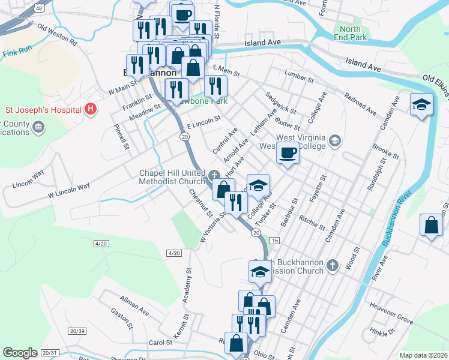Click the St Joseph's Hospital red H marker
pyautogui.click(x=90, y=109)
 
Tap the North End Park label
pyautogui.click(x=350, y=34)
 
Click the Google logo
pyautogui.click(x=20, y=353)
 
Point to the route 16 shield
pyautogui.click(x=275, y=240)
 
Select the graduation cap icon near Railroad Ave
pyautogui.click(x=421, y=104)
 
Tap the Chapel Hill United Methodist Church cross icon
pyautogui.click(x=215, y=176)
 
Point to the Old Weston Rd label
pyautogui.click(x=57, y=35)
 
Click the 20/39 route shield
pyautogui.click(x=77, y=331)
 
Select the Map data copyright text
pyautogui.click(x=423, y=355)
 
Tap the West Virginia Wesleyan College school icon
pyautogui.click(x=335, y=142)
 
